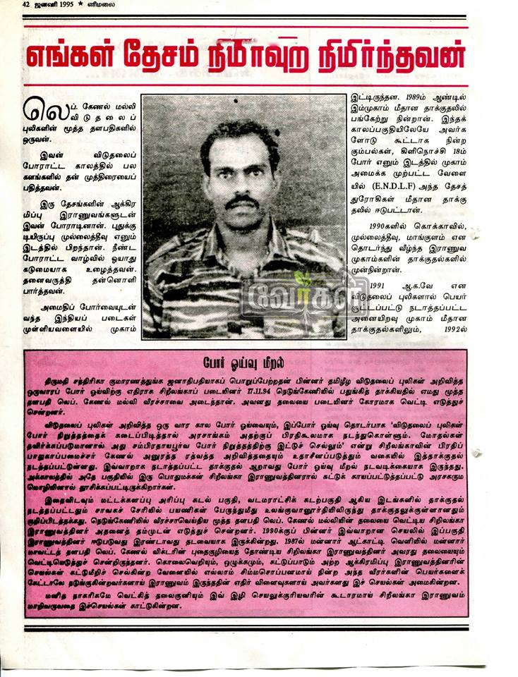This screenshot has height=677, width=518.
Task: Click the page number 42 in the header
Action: coord(26,4)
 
